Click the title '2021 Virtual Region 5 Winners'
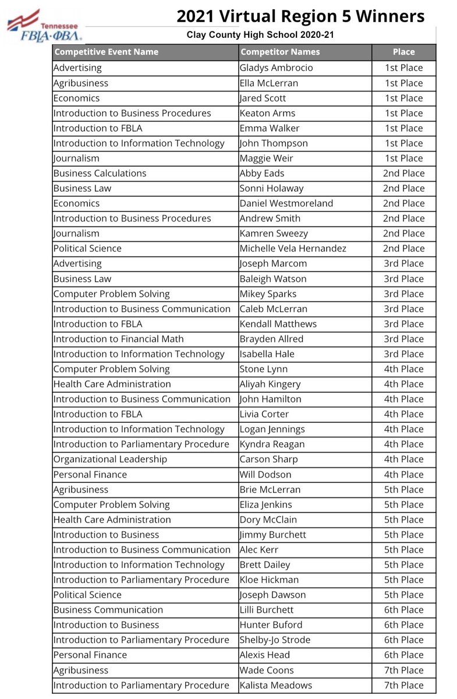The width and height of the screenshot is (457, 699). point(300,16)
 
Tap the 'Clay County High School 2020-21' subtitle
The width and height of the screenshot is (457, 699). point(260,36)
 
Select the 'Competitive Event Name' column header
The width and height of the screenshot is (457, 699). point(105,52)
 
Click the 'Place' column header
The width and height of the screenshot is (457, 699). point(403,52)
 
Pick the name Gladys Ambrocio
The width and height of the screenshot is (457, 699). point(276,68)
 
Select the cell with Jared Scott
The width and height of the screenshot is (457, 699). point(263,98)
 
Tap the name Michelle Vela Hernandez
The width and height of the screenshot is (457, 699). point(293,248)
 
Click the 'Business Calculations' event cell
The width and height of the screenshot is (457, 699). point(100,173)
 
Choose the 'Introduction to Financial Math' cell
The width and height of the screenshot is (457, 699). point(118,339)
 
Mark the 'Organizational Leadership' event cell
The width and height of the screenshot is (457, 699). point(110,459)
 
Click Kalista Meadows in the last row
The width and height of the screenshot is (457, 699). point(276,685)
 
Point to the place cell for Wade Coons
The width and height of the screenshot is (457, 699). point(403,670)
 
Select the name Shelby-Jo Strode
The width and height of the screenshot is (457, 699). point(275,640)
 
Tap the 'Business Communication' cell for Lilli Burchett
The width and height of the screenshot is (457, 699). point(108,610)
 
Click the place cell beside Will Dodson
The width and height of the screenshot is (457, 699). point(403,474)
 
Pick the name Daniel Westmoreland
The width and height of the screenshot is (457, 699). point(286,203)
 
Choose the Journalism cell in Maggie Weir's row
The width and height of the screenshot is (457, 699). point(76,158)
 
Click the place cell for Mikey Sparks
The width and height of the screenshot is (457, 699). point(403,294)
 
